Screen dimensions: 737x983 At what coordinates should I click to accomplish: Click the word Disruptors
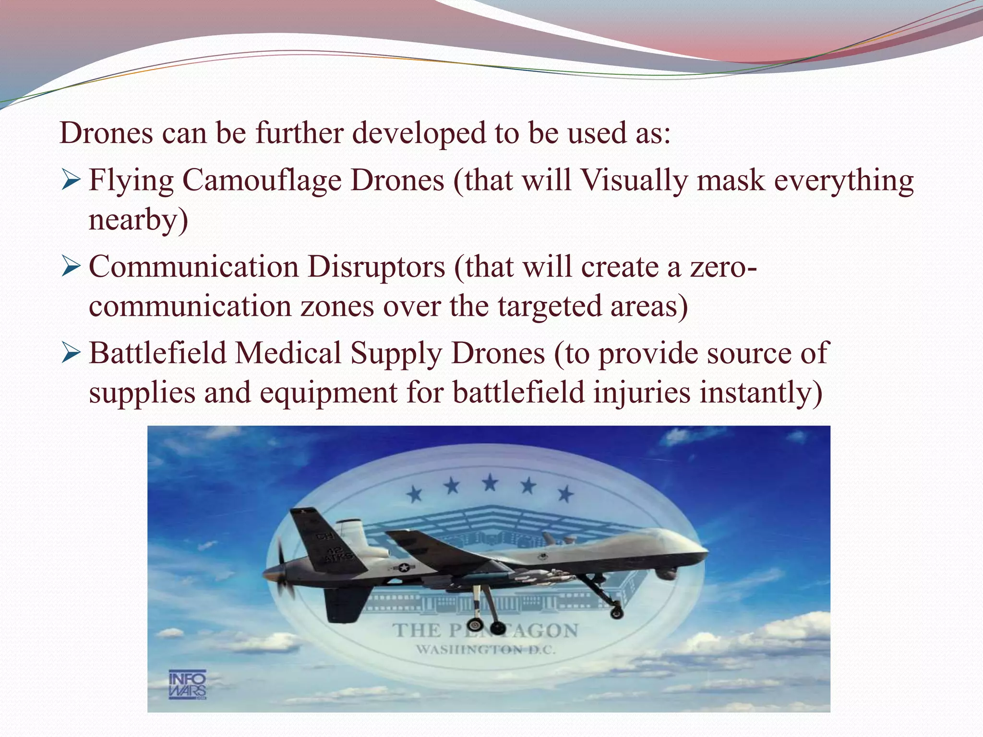coord(376,267)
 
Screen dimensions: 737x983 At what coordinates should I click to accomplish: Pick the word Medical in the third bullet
coord(288,354)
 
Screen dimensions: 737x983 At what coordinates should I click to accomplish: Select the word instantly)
coord(761,392)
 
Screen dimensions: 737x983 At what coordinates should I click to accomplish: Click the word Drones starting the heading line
coord(106,133)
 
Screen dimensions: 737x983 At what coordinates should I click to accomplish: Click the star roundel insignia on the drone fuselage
coord(404,568)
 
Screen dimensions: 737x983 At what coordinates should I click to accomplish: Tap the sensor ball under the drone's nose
coord(664,573)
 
